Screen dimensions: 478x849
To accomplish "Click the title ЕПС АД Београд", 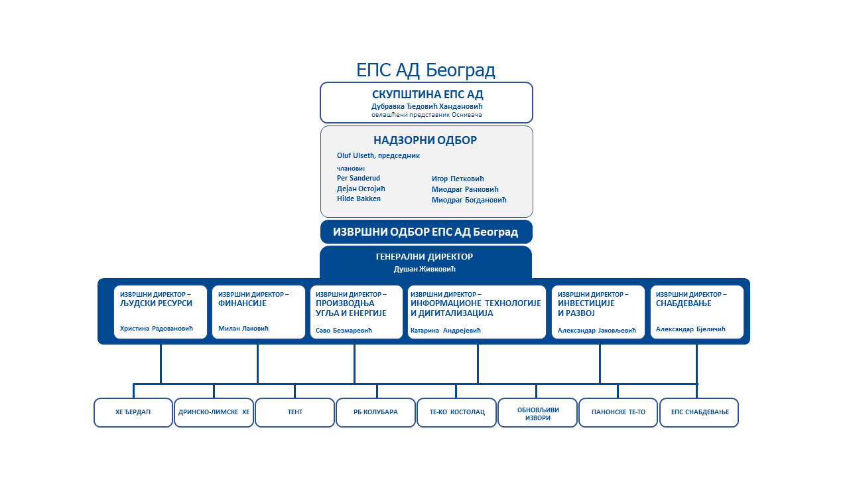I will [x=426, y=70].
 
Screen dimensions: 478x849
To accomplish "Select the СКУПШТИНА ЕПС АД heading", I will [x=427, y=94].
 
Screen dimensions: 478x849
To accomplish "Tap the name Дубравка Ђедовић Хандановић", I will [x=427, y=106].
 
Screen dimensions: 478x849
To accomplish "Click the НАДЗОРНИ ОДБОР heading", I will [x=425, y=140].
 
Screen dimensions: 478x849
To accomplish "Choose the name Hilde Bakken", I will [x=359, y=199].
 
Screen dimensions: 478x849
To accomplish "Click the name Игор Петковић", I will [x=458, y=179].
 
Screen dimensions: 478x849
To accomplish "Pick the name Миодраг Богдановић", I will [x=469, y=200].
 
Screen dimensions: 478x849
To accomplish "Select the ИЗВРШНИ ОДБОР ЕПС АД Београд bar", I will [x=426, y=232].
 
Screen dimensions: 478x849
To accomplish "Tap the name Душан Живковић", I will [x=425, y=269].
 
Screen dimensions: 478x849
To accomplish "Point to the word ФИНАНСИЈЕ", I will [x=242, y=303].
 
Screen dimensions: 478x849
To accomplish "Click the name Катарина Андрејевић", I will [x=446, y=330].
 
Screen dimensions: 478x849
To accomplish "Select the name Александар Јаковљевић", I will [x=597, y=330].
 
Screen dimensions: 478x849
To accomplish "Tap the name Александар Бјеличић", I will [x=691, y=329].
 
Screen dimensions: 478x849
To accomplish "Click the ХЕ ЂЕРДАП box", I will [x=133, y=412].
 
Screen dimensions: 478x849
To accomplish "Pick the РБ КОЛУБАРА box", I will [x=376, y=412].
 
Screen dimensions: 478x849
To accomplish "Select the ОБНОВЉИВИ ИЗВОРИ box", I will [x=537, y=413].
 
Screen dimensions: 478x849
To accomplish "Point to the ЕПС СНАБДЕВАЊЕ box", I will [x=699, y=412].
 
